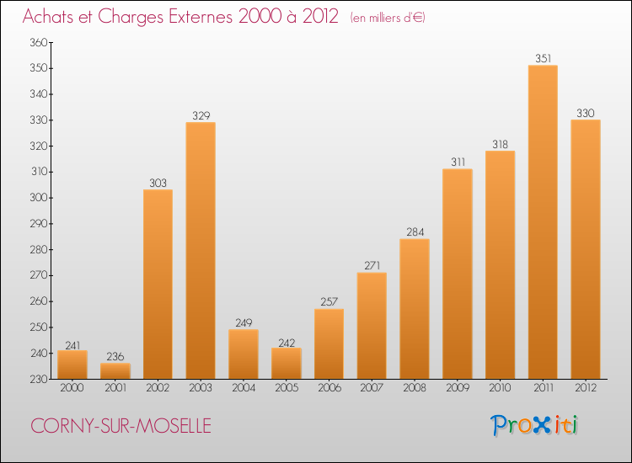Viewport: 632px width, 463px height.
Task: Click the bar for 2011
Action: [x=543, y=222]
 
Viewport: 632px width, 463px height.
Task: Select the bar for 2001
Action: [x=115, y=371]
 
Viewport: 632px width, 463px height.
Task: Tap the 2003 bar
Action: [x=201, y=251]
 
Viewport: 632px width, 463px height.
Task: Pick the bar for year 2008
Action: [x=415, y=309]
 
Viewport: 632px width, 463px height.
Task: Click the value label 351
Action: [x=543, y=59]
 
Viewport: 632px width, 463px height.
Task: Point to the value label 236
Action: [x=115, y=357]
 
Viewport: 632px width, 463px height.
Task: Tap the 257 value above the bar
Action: [x=329, y=302]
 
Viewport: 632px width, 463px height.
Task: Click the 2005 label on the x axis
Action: [x=287, y=388]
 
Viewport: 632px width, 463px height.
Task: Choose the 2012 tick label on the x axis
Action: [x=586, y=388]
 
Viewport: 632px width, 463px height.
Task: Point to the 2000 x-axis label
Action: [x=72, y=388]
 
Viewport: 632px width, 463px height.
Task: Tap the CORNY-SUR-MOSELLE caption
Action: [x=117, y=427]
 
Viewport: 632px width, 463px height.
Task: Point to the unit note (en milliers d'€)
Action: [x=388, y=18]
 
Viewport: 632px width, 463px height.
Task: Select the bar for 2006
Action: [x=329, y=344]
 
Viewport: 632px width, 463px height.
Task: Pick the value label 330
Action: [x=586, y=113]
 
